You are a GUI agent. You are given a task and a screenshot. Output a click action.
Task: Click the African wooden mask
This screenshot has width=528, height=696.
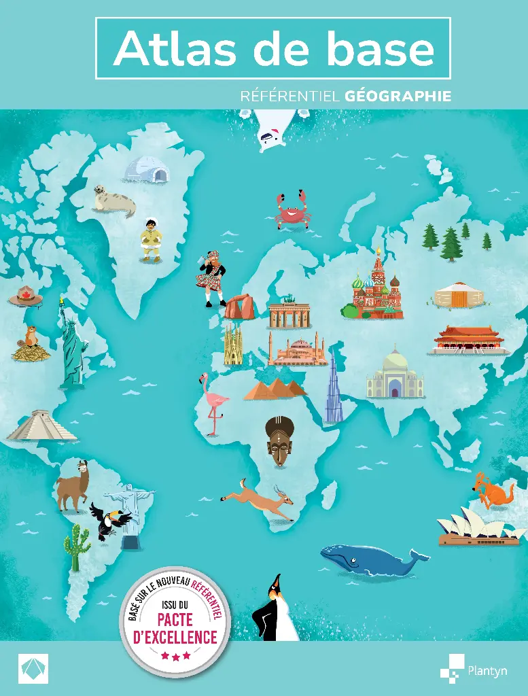(x=279, y=441)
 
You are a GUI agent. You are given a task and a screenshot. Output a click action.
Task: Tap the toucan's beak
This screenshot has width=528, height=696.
(x=124, y=519)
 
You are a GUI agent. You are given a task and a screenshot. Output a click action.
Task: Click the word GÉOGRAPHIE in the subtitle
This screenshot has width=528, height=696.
(x=398, y=97)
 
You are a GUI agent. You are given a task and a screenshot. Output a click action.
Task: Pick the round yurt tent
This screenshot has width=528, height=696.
(x=459, y=296)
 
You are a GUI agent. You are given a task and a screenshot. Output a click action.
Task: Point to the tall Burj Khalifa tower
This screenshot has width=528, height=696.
(x=333, y=387)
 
